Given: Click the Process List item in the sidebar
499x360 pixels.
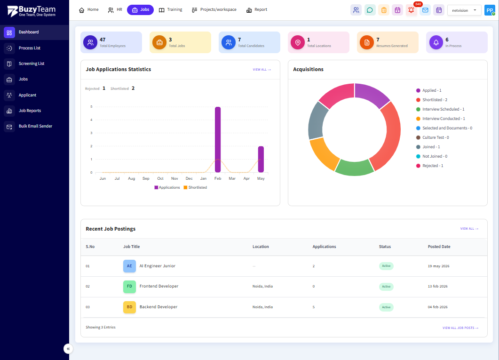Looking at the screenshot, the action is coord(29,48).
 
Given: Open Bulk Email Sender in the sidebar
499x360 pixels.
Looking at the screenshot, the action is coord(35,126).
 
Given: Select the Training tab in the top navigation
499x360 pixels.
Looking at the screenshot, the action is coord(171,10).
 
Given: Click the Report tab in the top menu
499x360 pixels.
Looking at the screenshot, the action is coord(257,10).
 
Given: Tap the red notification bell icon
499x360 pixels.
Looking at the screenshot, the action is coord(411,10).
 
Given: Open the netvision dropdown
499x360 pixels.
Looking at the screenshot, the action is coord(464,10).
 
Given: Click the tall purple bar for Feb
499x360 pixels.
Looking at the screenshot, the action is coord(218,139).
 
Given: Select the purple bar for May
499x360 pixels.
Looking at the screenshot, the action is coord(261,159).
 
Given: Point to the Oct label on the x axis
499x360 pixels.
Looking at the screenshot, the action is coord(160,178).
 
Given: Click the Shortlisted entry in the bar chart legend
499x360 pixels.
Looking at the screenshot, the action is coord(195,187).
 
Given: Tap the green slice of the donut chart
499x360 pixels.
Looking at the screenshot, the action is coord(355,167).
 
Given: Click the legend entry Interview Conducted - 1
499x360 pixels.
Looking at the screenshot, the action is coord(441,119).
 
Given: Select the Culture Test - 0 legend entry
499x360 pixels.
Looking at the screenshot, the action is coord(433,137).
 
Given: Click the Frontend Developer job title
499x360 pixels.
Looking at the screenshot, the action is coord(159,286).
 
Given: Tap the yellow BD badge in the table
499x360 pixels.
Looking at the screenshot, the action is coord(129,307).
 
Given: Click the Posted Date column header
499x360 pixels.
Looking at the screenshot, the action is coord(439,247).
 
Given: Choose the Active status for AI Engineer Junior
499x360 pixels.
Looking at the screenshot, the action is coord(386,266).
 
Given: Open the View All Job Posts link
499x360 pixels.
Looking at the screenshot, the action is coord(460,328).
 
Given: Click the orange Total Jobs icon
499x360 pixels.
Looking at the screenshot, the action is coord(159,42).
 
